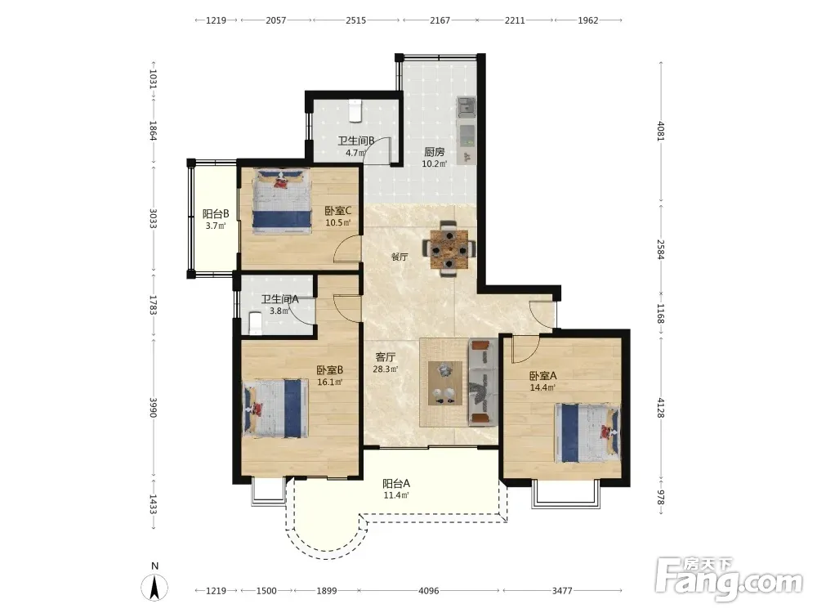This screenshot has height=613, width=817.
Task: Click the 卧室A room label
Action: click(543, 376)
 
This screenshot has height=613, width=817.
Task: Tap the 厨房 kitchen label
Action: click(434, 152)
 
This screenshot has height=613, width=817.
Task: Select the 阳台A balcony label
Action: click(396, 483)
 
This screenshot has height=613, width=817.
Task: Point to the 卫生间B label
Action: click(356, 141)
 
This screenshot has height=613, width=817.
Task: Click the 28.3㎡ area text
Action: click(386, 369)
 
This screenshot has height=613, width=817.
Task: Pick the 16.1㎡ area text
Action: click(330, 382)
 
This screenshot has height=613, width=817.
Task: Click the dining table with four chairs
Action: click(449, 248)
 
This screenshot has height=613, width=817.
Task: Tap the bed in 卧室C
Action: click(280, 201)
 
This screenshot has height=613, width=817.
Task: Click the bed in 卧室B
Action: click(275, 408)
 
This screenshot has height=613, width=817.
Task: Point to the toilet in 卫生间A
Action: click(255, 323)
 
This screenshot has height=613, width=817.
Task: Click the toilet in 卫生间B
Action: click(355, 110)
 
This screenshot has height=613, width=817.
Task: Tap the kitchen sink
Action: click(467, 106)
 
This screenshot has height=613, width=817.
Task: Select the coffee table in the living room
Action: click(445, 383)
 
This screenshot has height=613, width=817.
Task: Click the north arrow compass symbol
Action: click(154, 587)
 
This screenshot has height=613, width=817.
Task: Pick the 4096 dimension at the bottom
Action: click(429, 591)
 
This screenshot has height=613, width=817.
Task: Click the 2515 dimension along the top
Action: click(356, 20)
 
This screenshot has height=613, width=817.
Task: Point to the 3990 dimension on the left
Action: click(154, 408)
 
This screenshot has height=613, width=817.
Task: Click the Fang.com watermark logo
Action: click(729, 579)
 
